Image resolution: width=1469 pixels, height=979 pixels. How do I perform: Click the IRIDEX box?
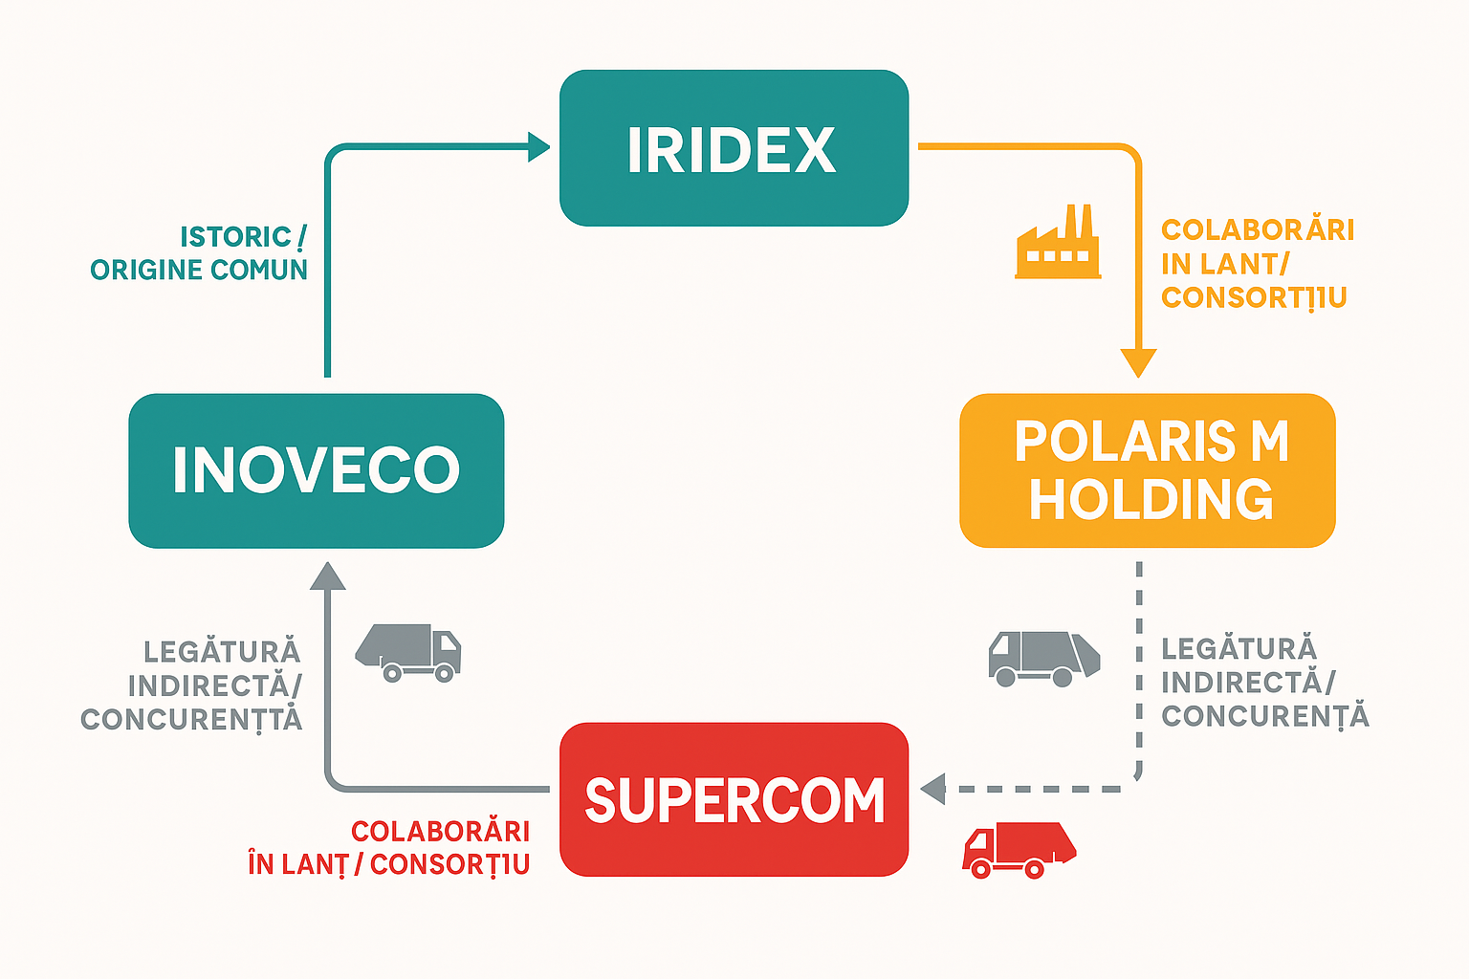pos(734,148)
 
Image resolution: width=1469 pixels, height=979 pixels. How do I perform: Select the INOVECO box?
pos(316,470)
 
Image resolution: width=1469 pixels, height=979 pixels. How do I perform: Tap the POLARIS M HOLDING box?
pos(1147,470)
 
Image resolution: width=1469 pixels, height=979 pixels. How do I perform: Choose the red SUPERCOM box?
pos(734,799)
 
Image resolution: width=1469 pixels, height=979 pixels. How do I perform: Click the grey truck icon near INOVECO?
pos(409,652)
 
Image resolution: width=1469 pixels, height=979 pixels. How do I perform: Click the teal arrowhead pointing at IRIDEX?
pos(538,147)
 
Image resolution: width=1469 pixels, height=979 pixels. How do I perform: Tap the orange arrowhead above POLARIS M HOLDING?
pos(1138,362)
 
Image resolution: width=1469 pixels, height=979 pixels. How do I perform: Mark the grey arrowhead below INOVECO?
pos(328,576)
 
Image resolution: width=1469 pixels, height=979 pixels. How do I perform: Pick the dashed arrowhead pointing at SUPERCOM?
pos(933,789)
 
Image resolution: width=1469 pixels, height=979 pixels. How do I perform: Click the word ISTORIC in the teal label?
pos(235,236)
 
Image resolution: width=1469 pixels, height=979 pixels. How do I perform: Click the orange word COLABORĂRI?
pos(1258,230)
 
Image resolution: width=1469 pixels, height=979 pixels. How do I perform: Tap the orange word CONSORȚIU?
pos(1254,297)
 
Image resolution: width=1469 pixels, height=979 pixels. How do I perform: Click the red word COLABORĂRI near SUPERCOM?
pos(440,831)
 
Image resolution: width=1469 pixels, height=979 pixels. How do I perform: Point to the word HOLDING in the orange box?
pos(1151,499)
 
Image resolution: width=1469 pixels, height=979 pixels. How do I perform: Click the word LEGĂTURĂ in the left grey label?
pos(222,652)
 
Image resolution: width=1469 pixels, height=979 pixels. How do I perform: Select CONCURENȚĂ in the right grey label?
pos(1265,716)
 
